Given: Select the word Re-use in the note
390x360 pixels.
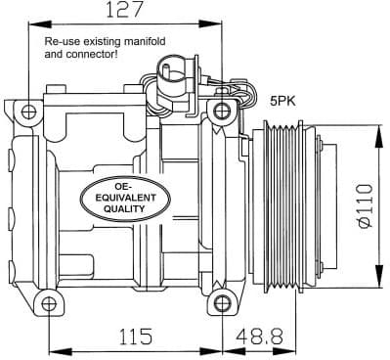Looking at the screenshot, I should (x=63, y=44).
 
